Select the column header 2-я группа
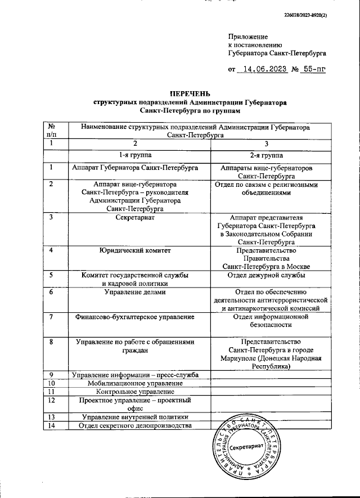pyautogui.click(x=267, y=155)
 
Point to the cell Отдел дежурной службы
pyautogui.click(x=267, y=275)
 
